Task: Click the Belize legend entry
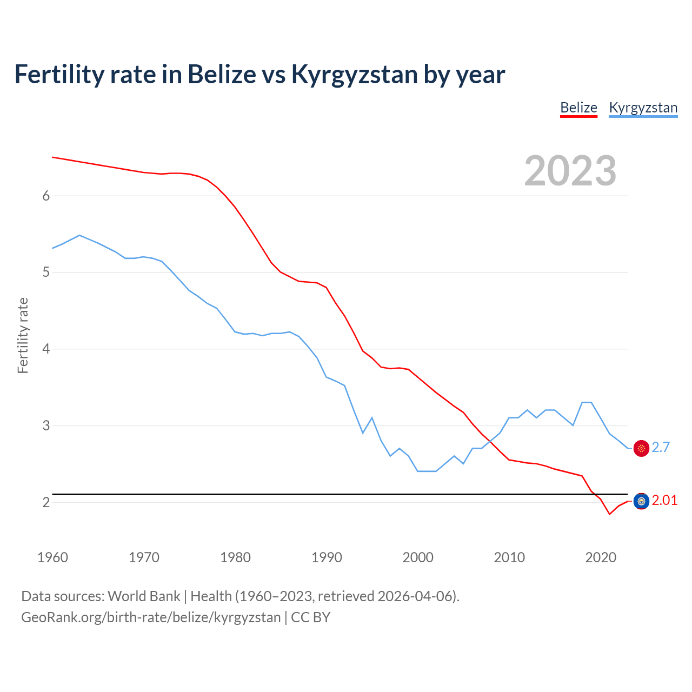coord(578,108)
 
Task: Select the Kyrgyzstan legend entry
coord(643,108)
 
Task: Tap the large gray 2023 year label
coord(570,171)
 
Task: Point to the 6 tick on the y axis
coord(46,196)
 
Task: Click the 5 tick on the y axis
coord(46,272)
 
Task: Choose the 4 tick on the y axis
coord(46,349)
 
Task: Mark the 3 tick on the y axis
coord(46,425)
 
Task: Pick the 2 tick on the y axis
coord(46,502)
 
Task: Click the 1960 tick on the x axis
coord(52,557)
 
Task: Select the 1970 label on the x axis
coord(144,557)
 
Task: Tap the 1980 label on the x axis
coord(235,557)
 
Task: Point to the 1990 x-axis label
coord(327,557)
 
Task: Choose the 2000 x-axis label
coord(418,557)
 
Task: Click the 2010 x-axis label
coord(509,557)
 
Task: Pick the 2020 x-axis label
coord(601,557)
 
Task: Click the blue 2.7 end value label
coord(661,448)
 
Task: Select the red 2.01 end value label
coord(664,501)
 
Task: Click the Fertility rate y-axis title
coord(23,335)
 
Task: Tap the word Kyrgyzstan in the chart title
coord(354,75)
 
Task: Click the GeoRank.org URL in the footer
coord(151,617)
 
